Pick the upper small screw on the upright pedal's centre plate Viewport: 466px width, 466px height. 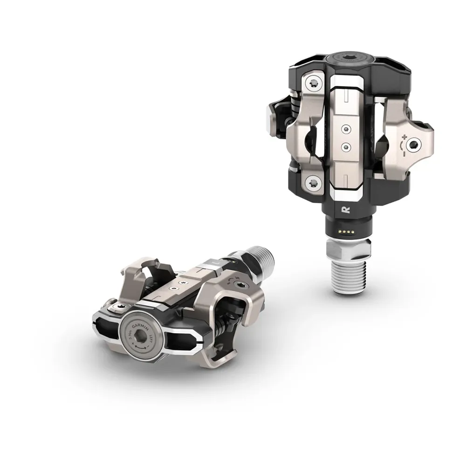(x=345, y=127)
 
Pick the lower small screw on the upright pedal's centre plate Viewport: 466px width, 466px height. (x=345, y=146)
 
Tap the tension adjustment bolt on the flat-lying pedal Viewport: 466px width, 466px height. (x=240, y=285)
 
